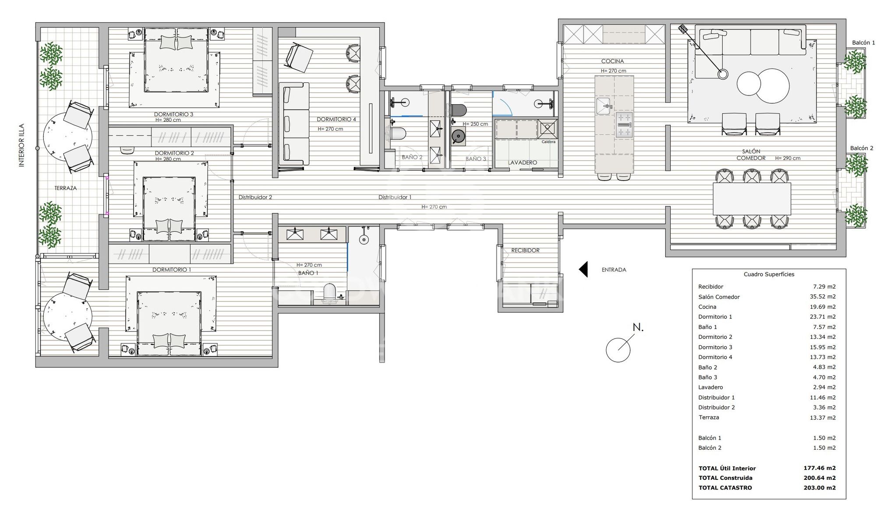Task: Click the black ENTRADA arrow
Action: pos(583,269)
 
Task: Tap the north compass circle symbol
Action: pos(618,350)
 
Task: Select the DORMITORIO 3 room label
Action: pos(173,114)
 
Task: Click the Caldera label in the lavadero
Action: pos(548,142)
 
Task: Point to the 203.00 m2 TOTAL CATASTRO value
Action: pos(819,488)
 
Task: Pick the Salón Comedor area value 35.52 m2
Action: pos(823,296)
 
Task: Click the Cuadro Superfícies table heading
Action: pos(769,275)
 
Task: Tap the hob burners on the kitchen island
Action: pos(624,125)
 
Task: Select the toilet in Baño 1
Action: pos(329,292)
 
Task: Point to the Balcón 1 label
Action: pos(863,42)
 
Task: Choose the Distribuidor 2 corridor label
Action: pos(255,197)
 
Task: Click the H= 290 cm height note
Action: pos(788,158)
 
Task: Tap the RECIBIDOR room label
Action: pos(525,250)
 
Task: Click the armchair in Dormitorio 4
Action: pos(299,57)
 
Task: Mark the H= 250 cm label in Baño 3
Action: pos(475,124)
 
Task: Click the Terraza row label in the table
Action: pos(709,417)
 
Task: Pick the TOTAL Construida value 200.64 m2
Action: pos(819,478)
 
